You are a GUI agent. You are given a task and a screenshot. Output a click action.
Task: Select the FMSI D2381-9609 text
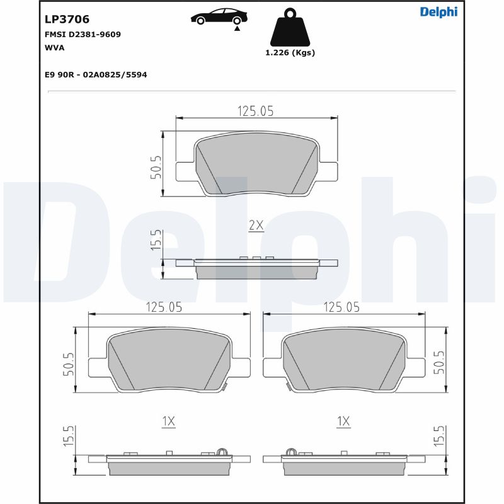click(x=83, y=35)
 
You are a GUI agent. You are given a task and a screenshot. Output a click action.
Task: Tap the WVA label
click(x=55, y=47)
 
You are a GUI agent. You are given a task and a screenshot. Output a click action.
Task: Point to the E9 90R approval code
click(x=96, y=74)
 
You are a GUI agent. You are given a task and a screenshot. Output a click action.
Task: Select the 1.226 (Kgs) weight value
click(x=290, y=53)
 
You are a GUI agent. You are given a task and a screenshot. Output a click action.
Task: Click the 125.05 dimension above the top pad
click(x=255, y=111)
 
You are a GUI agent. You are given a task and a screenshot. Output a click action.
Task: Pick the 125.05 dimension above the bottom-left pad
click(x=164, y=307)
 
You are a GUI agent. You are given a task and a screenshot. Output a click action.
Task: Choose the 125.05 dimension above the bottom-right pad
click(x=341, y=307)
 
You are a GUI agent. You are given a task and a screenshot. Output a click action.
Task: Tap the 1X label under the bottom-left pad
click(x=168, y=421)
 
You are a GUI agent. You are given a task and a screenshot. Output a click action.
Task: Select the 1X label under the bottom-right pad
click(x=343, y=421)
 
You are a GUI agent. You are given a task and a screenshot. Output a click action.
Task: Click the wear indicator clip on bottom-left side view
click(x=220, y=451)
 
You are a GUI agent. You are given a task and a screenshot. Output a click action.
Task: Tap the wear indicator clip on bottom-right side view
click(x=291, y=451)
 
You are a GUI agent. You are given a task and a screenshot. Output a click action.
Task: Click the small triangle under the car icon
click(x=237, y=28)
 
